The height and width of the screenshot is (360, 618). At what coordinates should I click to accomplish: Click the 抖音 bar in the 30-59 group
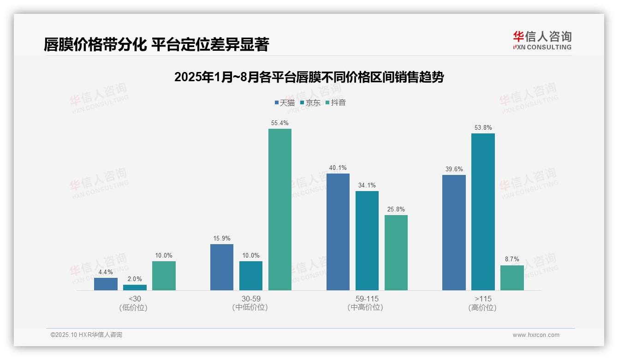pyautogui.click(x=280, y=210)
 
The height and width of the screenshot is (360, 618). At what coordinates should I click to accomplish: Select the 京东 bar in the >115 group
pyautogui.click(x=483, y=212)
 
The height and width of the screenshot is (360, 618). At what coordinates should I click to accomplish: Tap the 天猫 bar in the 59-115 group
pyautogui.click(x=338, y=232)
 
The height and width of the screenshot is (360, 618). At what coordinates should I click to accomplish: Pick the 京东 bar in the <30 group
pyautogui.click(x=135, y=288)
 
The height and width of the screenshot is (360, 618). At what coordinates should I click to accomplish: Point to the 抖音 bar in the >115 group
pyautogui.click(x=512, y=278)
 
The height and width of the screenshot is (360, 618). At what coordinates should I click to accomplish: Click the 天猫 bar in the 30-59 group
pyautogui.click(x=222, y=267)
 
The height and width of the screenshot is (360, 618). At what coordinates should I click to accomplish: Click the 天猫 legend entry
pyautogui.click(x=285, y=102)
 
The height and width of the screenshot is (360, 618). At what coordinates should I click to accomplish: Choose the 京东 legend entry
pyautogui.click(x=310, y=102)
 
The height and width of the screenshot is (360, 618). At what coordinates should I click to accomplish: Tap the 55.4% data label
pyautogui.click(x=280, y=123)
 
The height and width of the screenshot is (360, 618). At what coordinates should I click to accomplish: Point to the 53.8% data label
pyautogui.click(x=483, y=128)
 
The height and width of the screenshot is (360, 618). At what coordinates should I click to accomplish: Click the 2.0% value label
pyautogui.click(x=135, y=279)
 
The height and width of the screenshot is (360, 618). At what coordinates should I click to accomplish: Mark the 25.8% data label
pyautogui.click(x=396, y=210)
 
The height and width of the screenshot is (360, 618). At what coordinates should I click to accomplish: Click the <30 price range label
pyautogui.click(x=135, y=299)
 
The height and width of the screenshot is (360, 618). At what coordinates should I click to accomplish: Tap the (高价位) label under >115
pyautogui.click(x=482, y=307)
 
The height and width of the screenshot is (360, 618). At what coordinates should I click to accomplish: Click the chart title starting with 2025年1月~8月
pyautogui.click(x=309, y=77)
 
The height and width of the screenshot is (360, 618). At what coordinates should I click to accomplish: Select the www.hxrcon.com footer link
pyautogui.click(x=536, y=335)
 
